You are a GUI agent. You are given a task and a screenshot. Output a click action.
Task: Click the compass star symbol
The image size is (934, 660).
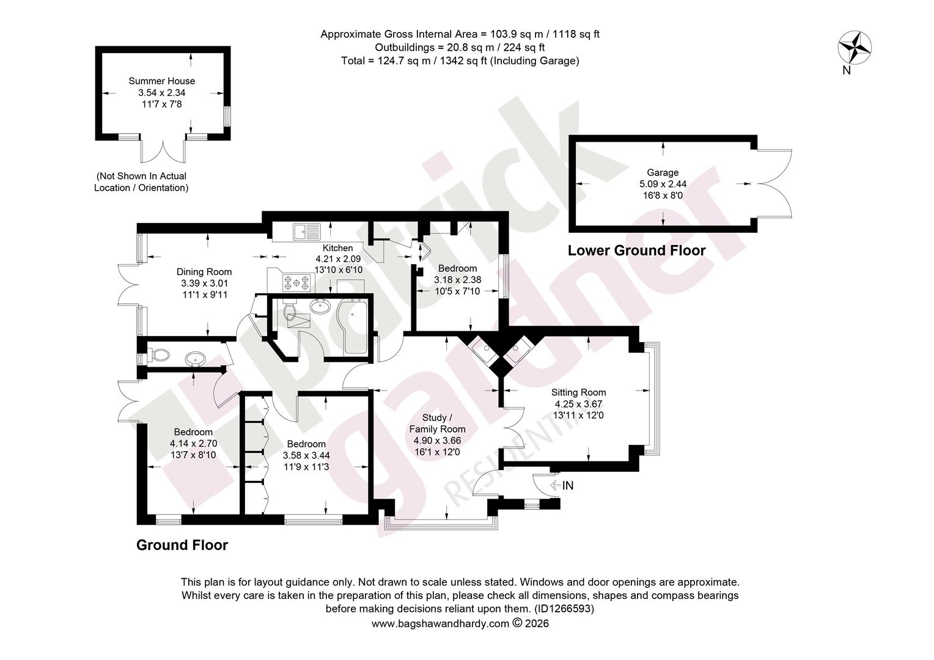click(x=855, y=48)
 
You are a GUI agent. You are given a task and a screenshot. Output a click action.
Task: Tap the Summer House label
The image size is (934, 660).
click(x=162, y=81)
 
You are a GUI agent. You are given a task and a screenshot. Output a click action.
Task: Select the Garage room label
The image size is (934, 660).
click(x=663, y=172)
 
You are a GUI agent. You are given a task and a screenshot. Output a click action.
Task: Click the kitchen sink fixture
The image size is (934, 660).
click(x=306, y=232)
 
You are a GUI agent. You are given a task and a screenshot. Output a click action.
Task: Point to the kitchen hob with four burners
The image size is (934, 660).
click(x=297, y=282)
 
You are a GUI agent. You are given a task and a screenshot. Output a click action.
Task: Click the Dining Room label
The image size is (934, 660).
click(x=204, y=272)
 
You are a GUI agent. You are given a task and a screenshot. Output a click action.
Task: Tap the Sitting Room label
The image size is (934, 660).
click(x=578, y=392)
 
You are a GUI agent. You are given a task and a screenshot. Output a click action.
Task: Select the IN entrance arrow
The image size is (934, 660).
click(x=556, y=485)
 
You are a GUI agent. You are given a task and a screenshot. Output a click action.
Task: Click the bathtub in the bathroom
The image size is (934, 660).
click(x=353, y=326)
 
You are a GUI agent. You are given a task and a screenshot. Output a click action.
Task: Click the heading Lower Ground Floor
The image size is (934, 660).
click(x=637, y=250)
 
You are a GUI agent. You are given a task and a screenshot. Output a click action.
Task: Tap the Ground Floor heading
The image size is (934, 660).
click(x=182, y=545)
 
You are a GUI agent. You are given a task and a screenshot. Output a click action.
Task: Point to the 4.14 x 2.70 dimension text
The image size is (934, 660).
click(x=194, y=444)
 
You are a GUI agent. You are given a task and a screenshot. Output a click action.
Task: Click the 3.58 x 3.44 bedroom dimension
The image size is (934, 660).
click(x=306, y=455)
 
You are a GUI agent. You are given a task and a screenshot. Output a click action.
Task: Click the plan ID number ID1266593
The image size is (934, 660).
click(x=564, y=608)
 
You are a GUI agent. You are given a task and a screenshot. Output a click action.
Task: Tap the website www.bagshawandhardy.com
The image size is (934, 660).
click(x=440, y=623)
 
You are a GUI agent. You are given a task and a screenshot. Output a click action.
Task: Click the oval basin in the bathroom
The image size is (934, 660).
click(x=320, y=307)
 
